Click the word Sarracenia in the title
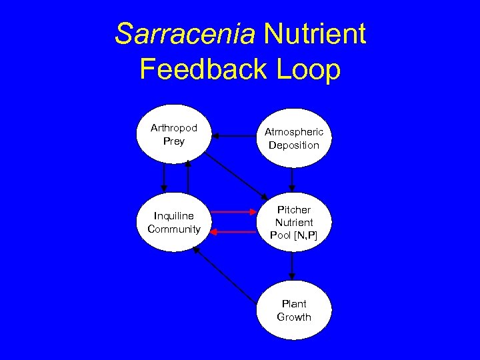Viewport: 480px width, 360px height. (x=185, y=34)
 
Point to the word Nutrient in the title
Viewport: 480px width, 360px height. (x=315, y=34)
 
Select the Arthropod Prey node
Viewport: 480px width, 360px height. (x=174, y=135)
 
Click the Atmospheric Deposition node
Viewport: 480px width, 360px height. (x=294, y=138)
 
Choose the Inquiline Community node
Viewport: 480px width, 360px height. (x=174, y=222)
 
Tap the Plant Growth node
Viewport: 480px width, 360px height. (x=294, y=310)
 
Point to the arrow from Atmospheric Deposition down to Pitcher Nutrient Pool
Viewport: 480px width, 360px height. (x=292, y=179)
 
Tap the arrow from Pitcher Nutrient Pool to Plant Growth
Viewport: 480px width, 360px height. (x=292, y=266)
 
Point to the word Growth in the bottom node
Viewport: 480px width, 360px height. (x=294, y=317)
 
